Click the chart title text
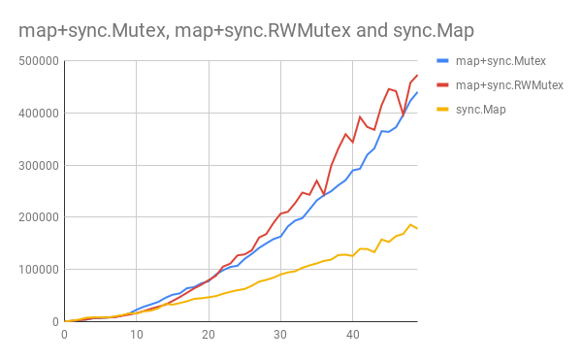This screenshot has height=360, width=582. [246, 30]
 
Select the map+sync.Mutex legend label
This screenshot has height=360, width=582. [500, 60]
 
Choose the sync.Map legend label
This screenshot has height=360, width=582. [481, 110]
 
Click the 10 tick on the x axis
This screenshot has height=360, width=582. [137, 335]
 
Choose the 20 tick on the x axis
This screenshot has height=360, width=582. [209, 335]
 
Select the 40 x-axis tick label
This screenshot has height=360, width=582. [353, 335]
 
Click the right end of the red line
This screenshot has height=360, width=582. [417, 76]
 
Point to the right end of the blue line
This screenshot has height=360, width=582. [417, 92]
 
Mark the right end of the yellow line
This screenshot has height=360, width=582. [417, 228]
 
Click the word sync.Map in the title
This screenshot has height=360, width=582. [430, 30]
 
